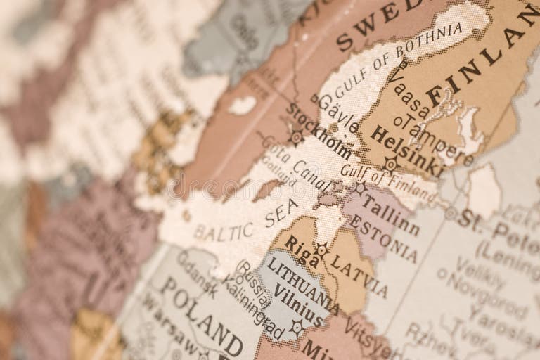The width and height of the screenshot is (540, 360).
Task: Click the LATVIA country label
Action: pos(359,275)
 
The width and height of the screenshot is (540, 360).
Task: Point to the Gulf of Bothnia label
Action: pos(398,59)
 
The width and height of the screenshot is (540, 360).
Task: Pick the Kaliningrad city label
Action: pos(250,303)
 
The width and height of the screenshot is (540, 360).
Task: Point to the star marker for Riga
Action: pos(321,249)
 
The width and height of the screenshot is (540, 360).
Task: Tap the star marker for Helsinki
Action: pos(391,165)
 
